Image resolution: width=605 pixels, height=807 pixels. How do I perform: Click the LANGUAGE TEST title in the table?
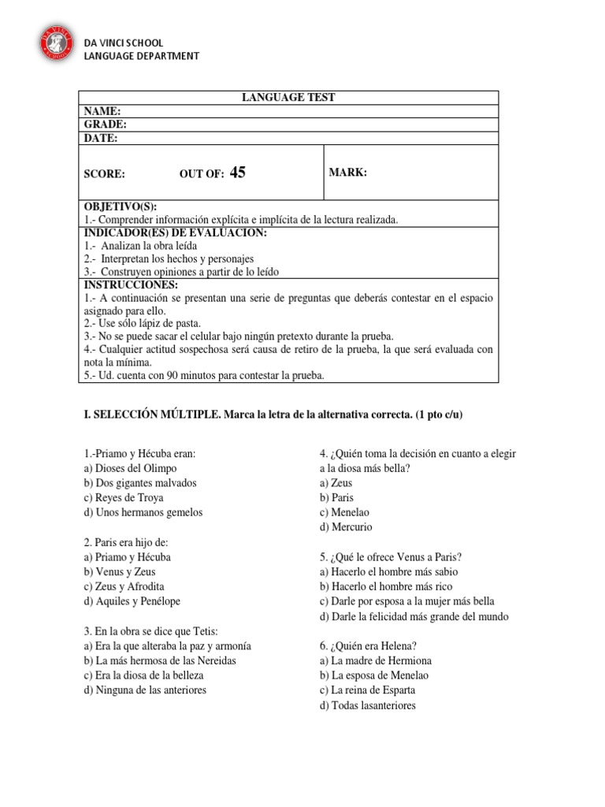coord(288,97)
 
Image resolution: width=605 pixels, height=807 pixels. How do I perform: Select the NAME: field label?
coord(102,111)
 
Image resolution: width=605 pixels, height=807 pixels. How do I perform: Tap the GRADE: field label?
coord(106,125)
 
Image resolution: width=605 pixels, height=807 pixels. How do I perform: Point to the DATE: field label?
coord(101,138)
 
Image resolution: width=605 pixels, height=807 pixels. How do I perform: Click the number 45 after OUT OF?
coord(237,173)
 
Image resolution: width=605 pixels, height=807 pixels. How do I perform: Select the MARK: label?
coord(349,173)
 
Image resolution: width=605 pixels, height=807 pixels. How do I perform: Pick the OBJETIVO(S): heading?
coord(120,206)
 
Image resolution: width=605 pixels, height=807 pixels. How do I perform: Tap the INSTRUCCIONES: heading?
coord(130,284)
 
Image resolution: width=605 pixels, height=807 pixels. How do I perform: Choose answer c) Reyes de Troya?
coord(129,497)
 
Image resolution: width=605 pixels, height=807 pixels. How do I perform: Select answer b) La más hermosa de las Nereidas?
coord(160,660)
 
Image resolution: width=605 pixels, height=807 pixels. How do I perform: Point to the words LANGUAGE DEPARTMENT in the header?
coord(141,56)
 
